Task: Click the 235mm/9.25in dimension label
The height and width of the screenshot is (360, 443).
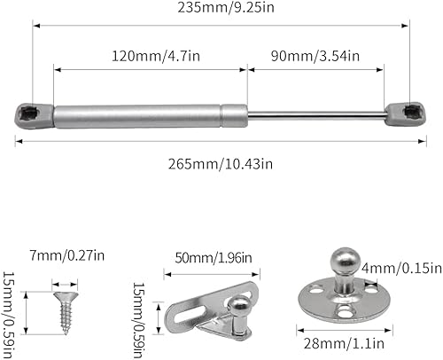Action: coord(226,7)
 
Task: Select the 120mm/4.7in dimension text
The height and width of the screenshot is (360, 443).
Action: coord(156,56)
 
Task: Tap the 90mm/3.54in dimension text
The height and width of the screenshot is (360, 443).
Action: coord(315,56)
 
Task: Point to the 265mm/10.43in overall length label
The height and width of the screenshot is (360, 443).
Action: coord(221,164)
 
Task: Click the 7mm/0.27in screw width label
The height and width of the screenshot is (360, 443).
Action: coord(67,255)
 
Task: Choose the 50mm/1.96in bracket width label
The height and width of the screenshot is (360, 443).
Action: coord(214,258)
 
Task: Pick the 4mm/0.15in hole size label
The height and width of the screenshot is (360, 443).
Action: coord(401,269)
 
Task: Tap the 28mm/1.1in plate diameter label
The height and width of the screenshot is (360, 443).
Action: coord(344,343)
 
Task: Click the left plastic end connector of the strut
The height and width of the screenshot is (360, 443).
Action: coord(35,115)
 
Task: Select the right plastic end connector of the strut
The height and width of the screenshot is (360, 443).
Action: coord(405,114)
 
